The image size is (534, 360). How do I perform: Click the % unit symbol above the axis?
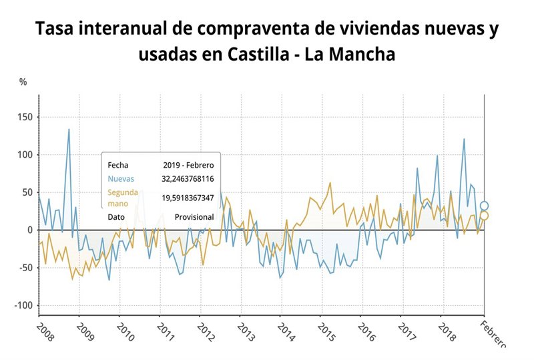click(23, 82)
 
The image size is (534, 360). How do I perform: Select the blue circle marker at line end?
click(485, 206)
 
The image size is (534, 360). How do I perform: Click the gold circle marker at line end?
click(485, 215)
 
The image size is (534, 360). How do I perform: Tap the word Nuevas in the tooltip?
click(121, 179)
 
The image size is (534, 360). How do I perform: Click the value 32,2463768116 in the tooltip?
click(188, 179)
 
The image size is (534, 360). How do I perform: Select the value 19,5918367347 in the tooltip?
click(188, 198)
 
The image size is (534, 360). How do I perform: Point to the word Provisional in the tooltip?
click(194, 217)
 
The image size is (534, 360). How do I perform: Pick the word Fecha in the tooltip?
click(117, 164)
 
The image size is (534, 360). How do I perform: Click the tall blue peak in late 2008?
click(68, 130)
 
